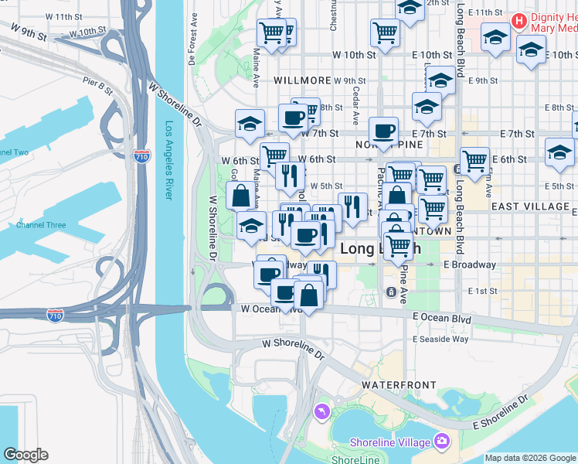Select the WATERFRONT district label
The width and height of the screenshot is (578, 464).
tap(398, 384)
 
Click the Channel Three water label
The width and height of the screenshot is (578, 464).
tap(41, 225)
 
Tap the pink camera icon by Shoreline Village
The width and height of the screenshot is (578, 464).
tap(442, 442)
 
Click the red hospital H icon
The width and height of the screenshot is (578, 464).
tap(519, 19)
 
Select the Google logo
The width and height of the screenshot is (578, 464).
tap(25, 455)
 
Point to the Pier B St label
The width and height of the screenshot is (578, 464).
tap(97, 84)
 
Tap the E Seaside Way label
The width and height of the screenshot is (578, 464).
tap(440, 339)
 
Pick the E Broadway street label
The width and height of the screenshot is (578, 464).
tap(469, 264)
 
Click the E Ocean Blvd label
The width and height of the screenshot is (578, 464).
tap(441, 317)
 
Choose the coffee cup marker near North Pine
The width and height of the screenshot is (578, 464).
tap(383, 131)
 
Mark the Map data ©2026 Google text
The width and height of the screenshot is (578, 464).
tap(530, 458)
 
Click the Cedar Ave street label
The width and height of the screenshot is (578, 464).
tap(356, 104)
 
